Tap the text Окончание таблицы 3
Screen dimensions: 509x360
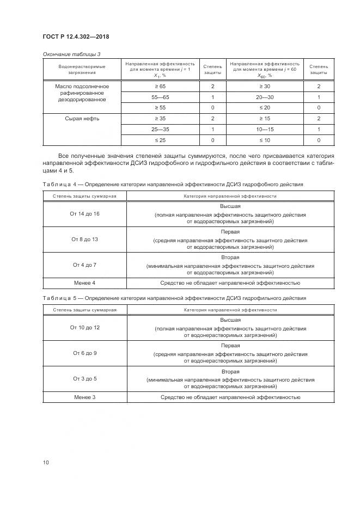click(72, 54)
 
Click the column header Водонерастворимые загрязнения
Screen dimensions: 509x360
click(82, 69)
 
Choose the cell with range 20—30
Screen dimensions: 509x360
click(264, 97)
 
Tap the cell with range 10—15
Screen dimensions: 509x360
click(264, 129)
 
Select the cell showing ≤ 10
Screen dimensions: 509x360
click(264, 140)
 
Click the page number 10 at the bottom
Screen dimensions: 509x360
click(46, 462)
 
